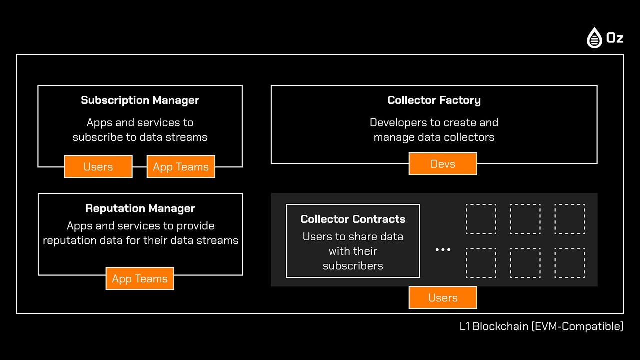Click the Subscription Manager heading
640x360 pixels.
(x=140, y=100)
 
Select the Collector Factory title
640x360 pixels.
(x=434, y=100)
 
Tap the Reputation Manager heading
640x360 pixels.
(x=140, y=208)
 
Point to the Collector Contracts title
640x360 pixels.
(x=353, y=219)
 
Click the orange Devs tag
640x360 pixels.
(x=443, y=164)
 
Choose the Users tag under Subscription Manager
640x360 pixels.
(x=98, y=167)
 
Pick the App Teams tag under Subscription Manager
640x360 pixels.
(x=181, y=167)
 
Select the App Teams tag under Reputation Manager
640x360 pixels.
(x=140, y=279)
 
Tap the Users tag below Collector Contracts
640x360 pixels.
(x=443, y=298)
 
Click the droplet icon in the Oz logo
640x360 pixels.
(x=594, y=38)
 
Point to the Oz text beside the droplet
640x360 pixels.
(x=614, y=38)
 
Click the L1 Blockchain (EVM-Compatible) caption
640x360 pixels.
(x=541, y=327)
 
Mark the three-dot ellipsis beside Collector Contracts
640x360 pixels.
(x=443, y=249)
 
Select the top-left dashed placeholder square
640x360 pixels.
(x=481, y=219)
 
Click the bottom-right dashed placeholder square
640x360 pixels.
(x=569, y=263)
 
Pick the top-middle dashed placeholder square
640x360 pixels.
(x=525, y=219)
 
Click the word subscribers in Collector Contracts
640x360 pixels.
(x=353, y=266)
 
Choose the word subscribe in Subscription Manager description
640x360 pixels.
(x=98, y=137)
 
